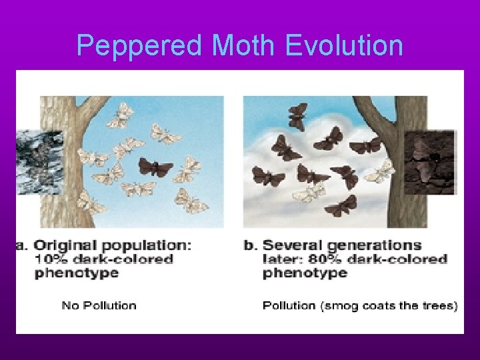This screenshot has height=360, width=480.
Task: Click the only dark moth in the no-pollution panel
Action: pos(155,167)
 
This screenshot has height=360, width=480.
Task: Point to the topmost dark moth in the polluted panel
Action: pos(298,116)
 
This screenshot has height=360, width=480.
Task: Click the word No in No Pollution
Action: pos(69,306)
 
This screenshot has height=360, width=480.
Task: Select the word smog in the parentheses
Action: pos(341,306)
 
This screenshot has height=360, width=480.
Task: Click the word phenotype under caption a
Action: pos(76,273)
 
